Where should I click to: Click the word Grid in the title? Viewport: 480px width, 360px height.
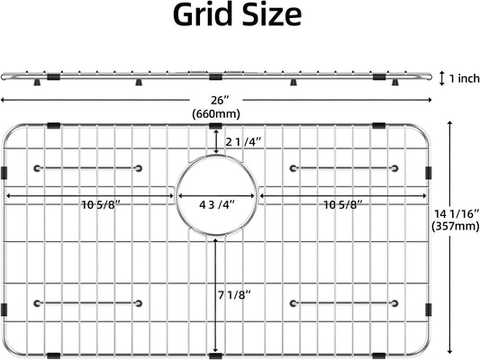coord(203,14)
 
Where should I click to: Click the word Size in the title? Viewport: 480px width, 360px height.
coord(272,14)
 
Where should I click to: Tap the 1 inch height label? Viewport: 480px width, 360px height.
coord(464,78)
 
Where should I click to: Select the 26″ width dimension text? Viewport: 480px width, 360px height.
coord(220,100)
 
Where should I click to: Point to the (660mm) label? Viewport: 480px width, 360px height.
coord(216,114)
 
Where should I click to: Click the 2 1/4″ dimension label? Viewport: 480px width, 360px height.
coord(244,142)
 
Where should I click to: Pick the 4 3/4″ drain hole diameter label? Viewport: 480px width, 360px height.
coord(217,204)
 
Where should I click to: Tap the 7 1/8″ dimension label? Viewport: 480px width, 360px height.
coord(234,295)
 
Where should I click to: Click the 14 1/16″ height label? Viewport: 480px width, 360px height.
coord(456,214)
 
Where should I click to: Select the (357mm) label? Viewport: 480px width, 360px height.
coord(455,226)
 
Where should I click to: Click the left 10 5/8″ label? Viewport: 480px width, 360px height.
coord(103,204)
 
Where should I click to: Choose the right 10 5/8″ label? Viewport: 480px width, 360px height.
coord(343,204)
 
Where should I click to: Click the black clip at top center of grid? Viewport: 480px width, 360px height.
coord(215,126)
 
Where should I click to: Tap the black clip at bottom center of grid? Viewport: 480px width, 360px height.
coord(215,356)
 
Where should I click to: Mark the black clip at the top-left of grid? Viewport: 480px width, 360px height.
coord(54,125)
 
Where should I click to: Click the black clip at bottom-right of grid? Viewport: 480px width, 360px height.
coord(379,356)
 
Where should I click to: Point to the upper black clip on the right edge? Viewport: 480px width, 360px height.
coord(429,173)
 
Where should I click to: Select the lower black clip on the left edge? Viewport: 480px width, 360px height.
coord(4,310)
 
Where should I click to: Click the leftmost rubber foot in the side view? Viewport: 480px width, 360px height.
coord(37,82)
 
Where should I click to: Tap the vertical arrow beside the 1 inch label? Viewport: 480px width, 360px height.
coord(442,78)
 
